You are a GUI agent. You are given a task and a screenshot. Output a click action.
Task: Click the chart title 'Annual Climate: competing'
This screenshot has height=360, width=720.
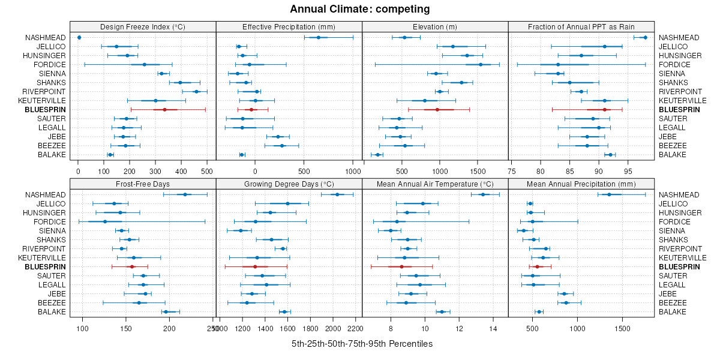click(359, 9)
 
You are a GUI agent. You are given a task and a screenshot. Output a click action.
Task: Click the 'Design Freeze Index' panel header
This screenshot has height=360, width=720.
click(143, 26)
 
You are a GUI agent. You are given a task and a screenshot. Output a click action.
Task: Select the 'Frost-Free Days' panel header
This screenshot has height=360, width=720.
click(143, 183)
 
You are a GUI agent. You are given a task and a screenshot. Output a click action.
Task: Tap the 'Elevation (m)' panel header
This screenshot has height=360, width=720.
click(435, 26)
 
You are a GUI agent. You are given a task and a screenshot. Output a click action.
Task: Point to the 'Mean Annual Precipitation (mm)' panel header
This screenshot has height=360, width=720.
click(581, 183)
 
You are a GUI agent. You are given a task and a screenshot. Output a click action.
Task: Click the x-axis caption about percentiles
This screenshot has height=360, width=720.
click(362, 344)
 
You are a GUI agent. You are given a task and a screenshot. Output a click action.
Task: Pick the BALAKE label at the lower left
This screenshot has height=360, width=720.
click(52, 312)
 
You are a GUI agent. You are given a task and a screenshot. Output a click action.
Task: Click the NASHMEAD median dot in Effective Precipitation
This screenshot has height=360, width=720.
click(319, 38)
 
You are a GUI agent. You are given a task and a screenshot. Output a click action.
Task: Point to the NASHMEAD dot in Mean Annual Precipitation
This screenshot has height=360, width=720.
click(609, 194)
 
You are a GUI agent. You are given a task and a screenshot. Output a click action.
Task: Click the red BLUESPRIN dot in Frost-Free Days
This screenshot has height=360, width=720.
click(132, 266)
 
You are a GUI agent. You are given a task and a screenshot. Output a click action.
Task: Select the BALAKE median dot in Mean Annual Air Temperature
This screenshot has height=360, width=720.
click(442, 312)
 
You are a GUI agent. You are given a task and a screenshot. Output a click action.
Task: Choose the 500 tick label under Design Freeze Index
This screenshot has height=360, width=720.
click(207, 171)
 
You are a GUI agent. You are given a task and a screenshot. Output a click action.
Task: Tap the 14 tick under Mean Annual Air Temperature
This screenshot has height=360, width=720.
click(493, 328)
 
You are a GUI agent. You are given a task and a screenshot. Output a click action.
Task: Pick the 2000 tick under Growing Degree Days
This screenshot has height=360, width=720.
click(333, 328)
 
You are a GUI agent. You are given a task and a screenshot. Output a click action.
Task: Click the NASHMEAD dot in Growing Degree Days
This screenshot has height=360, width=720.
click(337, 194)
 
